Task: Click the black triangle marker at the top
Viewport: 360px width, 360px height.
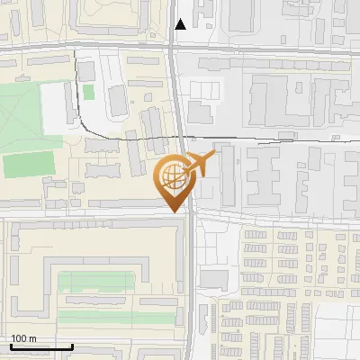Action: point(181,24)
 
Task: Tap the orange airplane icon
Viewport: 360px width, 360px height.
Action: point(199,165)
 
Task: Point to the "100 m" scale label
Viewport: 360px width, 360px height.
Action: point(24,338)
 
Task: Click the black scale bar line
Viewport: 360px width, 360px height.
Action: point(41,346)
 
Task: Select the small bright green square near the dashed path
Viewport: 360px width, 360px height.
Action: point(88,92)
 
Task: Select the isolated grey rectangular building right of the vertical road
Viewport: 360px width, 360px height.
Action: point(214,278)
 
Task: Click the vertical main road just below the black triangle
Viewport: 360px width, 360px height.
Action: point(175,54)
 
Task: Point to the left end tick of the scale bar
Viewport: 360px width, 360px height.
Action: point(11,346)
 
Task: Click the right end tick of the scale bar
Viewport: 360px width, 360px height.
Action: point(72,346)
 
